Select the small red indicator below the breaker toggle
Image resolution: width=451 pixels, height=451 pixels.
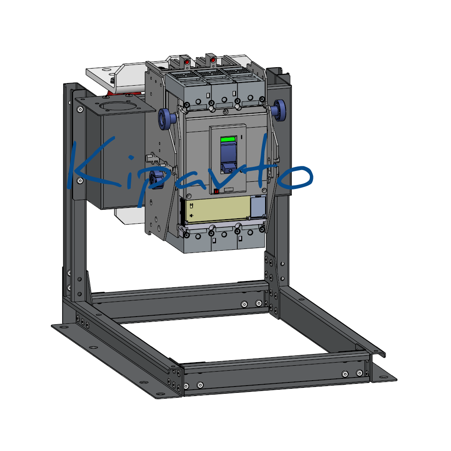[x=216, y=191]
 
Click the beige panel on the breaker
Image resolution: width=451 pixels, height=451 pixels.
[x=218, y=210]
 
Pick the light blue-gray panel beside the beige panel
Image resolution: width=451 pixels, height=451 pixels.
[x=258, y=207]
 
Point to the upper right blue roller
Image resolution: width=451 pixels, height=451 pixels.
[x=279, y=110]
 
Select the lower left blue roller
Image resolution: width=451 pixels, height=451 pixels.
[x=155, y=179]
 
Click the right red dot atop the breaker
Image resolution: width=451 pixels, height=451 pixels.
[x=213, y=60]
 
